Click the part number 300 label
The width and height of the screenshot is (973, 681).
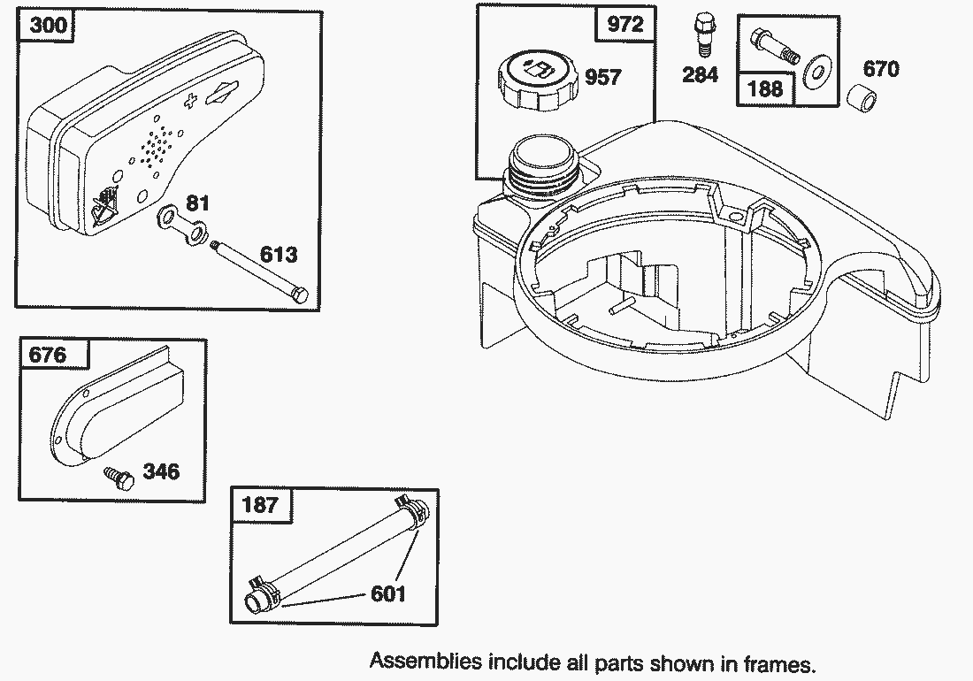pos(48,25)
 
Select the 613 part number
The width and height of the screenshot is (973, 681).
pos(279,256)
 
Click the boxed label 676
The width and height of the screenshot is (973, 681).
pos(48,355)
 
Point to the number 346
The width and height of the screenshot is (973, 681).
pos(161,471)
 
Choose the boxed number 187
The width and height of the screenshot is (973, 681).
pos(259,505)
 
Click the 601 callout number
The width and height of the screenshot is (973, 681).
pos(388,593)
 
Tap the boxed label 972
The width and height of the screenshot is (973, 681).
pos(625,24)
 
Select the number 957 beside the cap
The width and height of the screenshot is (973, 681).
pos(603,78)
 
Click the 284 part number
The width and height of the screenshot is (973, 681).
pos(700,75)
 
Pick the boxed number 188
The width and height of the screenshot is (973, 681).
pos(765,88)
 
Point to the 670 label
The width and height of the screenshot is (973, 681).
pos(880,68)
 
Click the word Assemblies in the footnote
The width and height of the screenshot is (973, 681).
pos(425,662)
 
